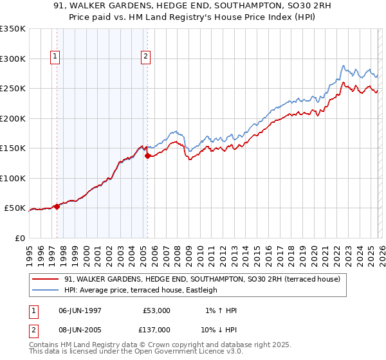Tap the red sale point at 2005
(147, 156)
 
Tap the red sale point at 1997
(57, 206)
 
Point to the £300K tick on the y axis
(13, 59)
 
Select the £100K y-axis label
(13, 179)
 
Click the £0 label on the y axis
(19, 239)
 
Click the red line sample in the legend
(46, 280)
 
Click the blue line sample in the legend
(46, 291)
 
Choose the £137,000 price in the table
(157, 329)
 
